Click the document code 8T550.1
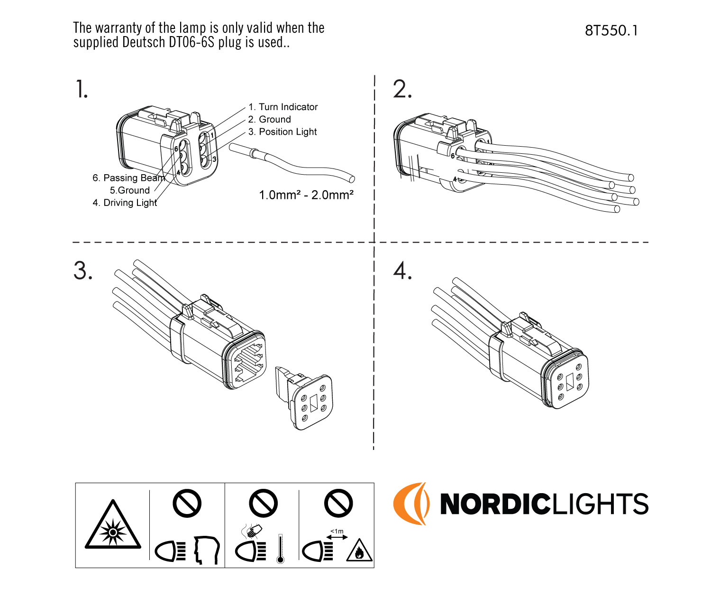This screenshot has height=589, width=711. click(611, 31)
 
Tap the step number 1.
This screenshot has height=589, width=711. click(82, 89)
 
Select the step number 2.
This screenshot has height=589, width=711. click(402, 89)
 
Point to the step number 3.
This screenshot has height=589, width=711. click(83, 271)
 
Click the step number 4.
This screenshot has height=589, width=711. click(402, 271)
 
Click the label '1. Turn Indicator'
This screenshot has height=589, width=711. click(283, 107)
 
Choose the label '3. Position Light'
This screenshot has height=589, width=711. click(283, 132)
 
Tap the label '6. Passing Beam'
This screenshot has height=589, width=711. click(128, 178)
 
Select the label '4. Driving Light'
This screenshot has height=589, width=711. click(125, 203)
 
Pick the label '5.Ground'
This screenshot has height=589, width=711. click(130, 190)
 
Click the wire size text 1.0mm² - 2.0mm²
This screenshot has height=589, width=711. click(306, 195)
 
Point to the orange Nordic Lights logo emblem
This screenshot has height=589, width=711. click(410, 504)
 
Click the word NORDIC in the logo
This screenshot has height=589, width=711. click(493, 504)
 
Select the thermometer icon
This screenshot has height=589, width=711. click(280, 549)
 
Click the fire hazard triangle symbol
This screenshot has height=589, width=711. click(359, 551)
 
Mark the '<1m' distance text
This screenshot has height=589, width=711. click(337, 531)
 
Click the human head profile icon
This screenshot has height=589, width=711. click(207, 550)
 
